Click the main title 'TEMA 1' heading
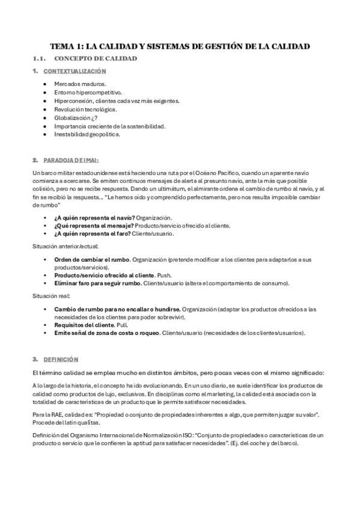[180, 46]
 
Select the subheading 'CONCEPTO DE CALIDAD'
[96, 58]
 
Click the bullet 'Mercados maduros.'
[80, 84]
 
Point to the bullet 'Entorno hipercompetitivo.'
[88, 92]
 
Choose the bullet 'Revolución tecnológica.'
[85, 109]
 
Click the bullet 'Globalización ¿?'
[76, 117]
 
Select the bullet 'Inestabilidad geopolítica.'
[87, 134]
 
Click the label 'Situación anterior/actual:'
[65, 247]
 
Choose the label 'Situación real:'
[51, 296]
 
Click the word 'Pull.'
[124, 324]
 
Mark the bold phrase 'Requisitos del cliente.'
[87, 324]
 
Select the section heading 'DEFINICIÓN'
[60, 359]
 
